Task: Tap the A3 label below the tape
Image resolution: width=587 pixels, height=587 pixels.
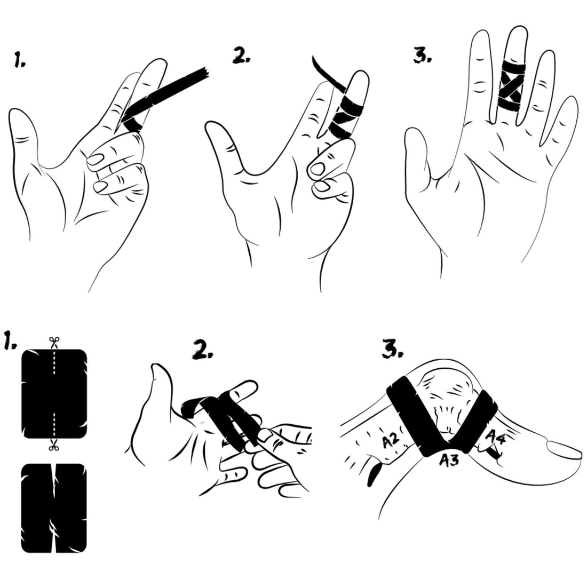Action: tap(449, 459)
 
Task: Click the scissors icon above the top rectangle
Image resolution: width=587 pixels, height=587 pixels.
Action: tap(54, 342)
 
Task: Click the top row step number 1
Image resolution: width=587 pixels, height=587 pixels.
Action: tap(19, 60)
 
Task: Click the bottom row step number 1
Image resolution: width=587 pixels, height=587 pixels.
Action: tap(10, 340)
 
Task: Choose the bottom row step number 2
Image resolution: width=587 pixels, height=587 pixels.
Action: tap(203, 351)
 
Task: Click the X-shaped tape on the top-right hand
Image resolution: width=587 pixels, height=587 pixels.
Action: tap(511, 85)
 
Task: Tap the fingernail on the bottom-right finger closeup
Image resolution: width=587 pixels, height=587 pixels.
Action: tap(564, 448)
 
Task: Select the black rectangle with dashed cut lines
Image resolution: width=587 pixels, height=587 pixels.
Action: tap(54, 394)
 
